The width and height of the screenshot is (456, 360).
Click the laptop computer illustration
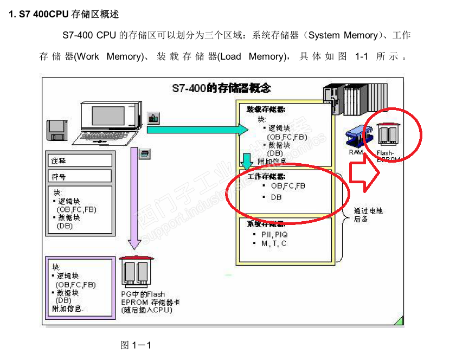tap(112, 122)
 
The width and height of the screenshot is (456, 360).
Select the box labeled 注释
tap(79, 160)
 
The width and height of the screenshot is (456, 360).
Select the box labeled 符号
tap(79, 177)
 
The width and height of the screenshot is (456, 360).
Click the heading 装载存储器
tap(266, 109)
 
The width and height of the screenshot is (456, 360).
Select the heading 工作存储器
tap(266, 177)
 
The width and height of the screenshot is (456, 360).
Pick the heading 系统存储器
tap(266, 224)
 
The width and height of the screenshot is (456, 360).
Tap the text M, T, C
tap(274, 243)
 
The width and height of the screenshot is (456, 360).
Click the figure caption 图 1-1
tap(135, 345)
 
